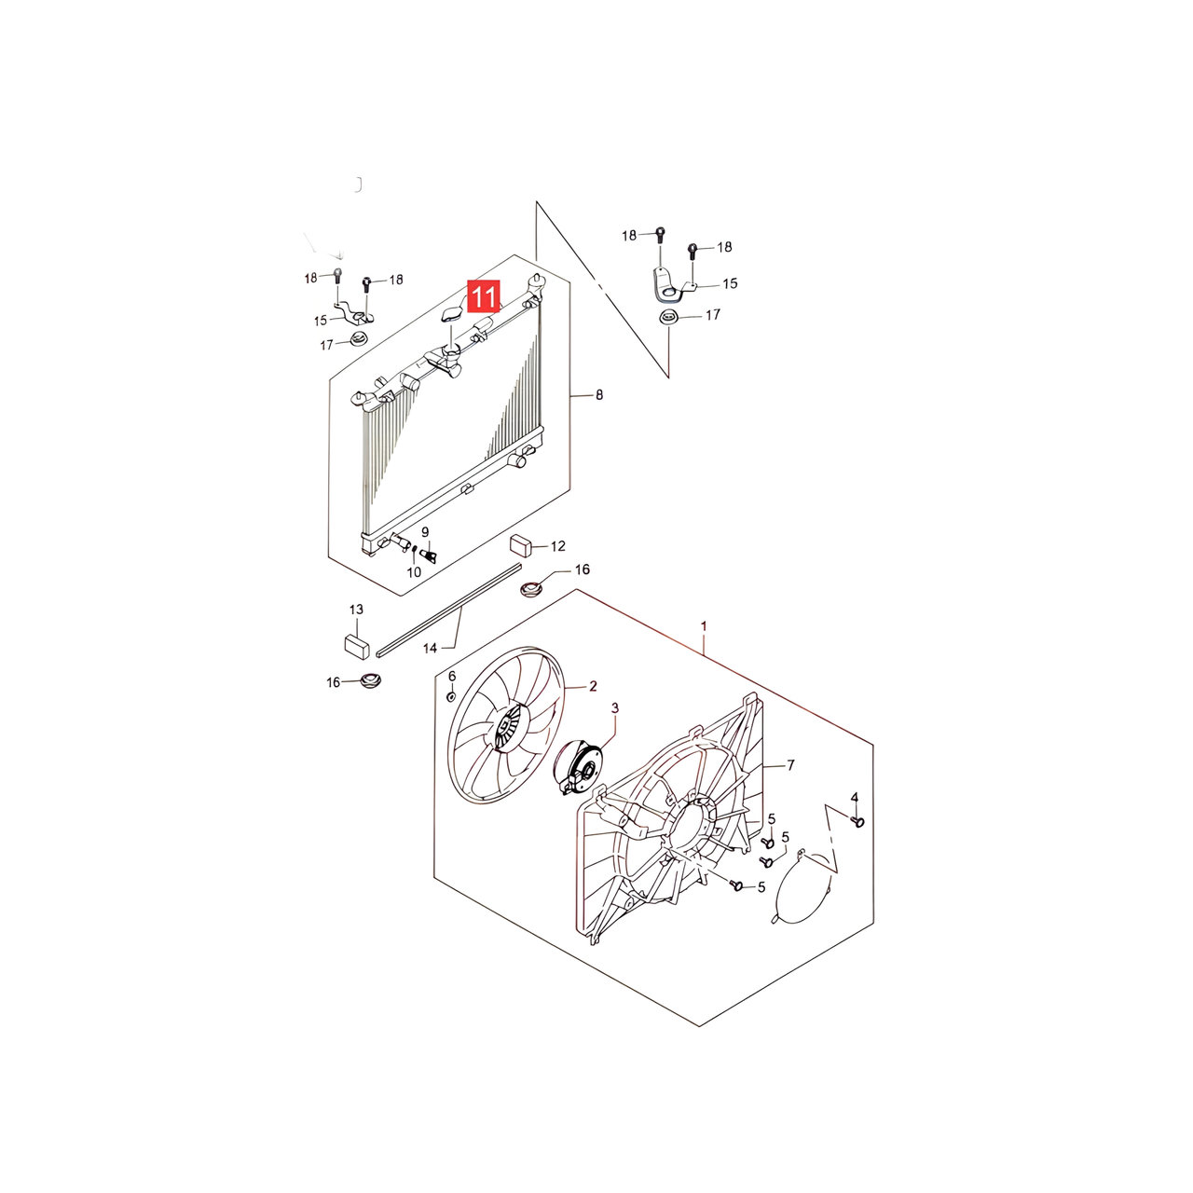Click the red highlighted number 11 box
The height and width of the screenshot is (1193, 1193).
click(484, 296)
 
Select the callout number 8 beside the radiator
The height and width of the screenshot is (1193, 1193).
click(598, 394)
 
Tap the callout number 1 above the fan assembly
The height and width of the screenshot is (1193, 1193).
click(704, 626)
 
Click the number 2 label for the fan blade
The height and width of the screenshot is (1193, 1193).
click(593, 686)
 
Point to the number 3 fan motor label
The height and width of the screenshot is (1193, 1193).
click(615, 707)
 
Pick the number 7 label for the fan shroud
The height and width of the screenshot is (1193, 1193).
click(790, 765)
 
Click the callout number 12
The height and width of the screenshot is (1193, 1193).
click(557, 546)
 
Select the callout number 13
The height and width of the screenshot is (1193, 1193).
click(356, 610)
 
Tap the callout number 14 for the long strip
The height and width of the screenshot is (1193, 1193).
click(431, 648)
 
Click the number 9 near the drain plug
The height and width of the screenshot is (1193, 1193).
click(425, 532)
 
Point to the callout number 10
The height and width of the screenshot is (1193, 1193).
click(414, 572)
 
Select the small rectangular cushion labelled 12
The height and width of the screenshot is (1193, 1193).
click(521, 546)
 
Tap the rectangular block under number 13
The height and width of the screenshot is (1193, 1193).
click(357, 646)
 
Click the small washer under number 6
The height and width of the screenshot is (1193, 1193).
click(451, 698)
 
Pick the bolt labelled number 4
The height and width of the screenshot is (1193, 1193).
click(858, 821)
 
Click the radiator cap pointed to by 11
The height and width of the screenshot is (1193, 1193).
click(451, 316)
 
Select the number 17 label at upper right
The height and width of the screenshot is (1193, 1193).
click(713, 315)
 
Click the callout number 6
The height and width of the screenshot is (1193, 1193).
click(452, 676)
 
